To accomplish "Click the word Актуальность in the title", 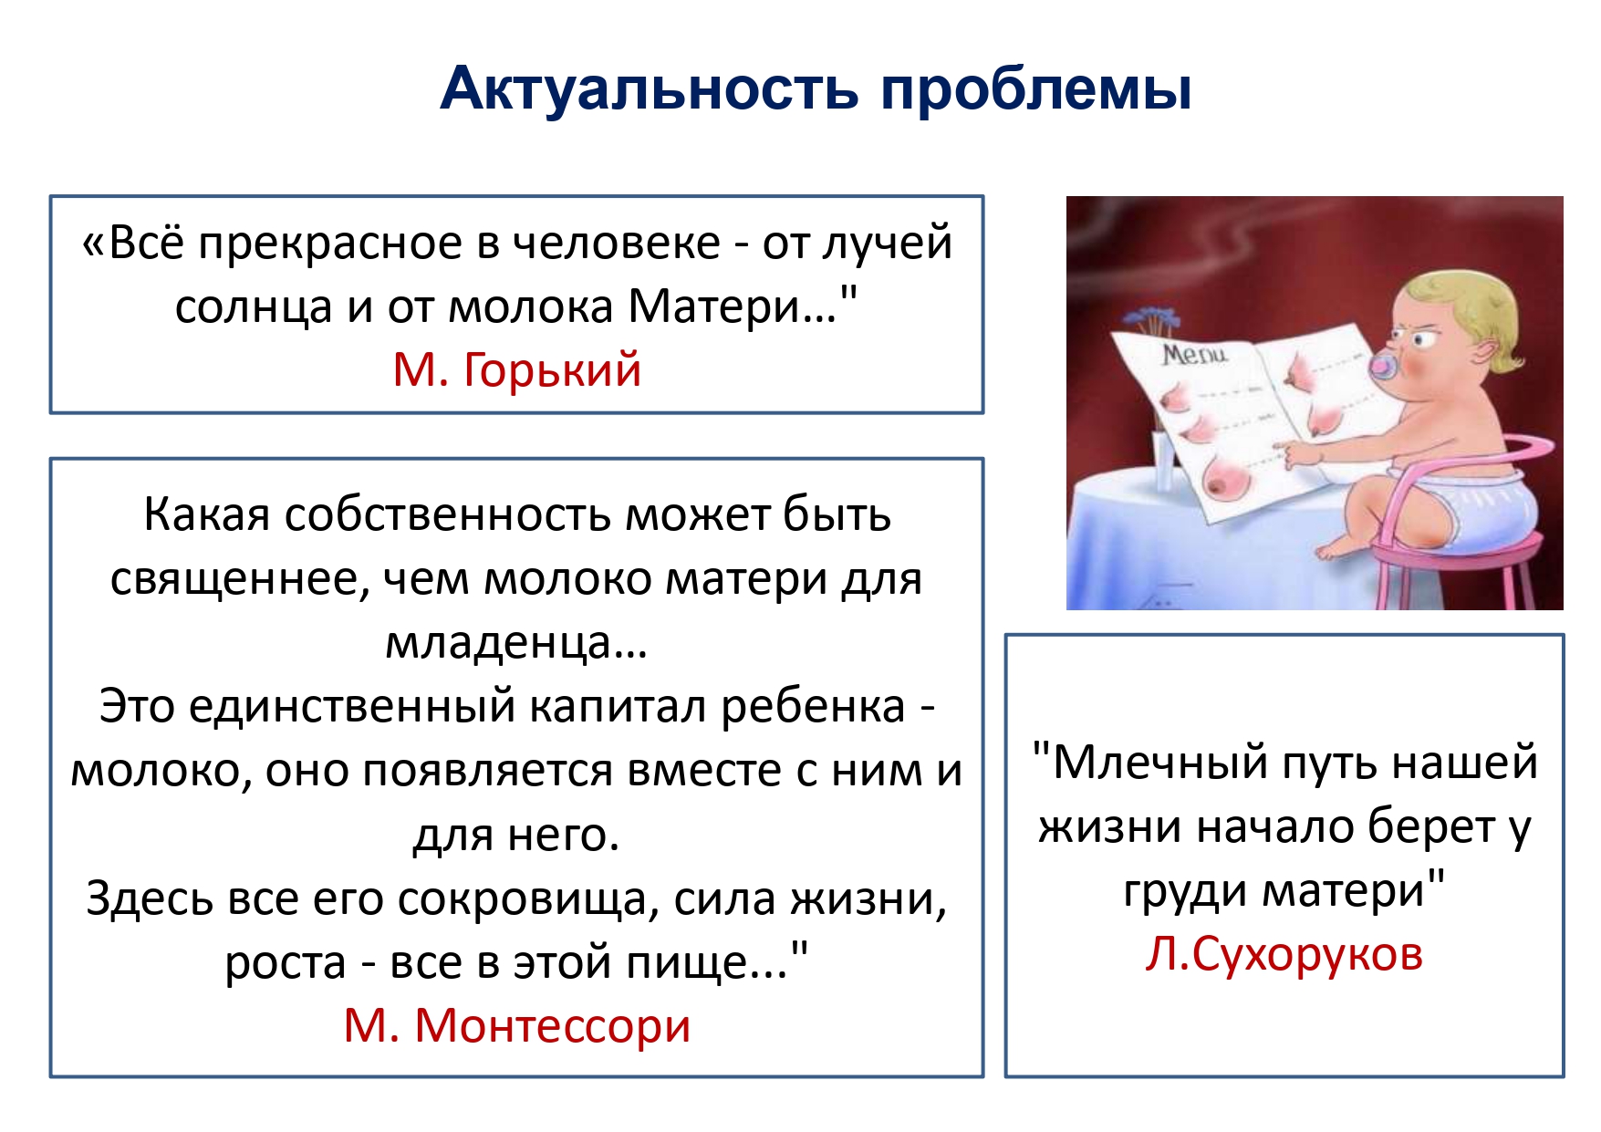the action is tap(650, 89).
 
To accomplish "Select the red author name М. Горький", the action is tap(517, 370).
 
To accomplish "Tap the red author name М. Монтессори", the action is tap(517, 1025).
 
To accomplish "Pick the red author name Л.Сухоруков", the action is tap(1284, 955).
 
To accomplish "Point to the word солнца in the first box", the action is tap(254, 307).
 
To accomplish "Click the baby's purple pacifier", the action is tap(1388, 365).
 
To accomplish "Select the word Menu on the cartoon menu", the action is tap(1194, 354).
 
